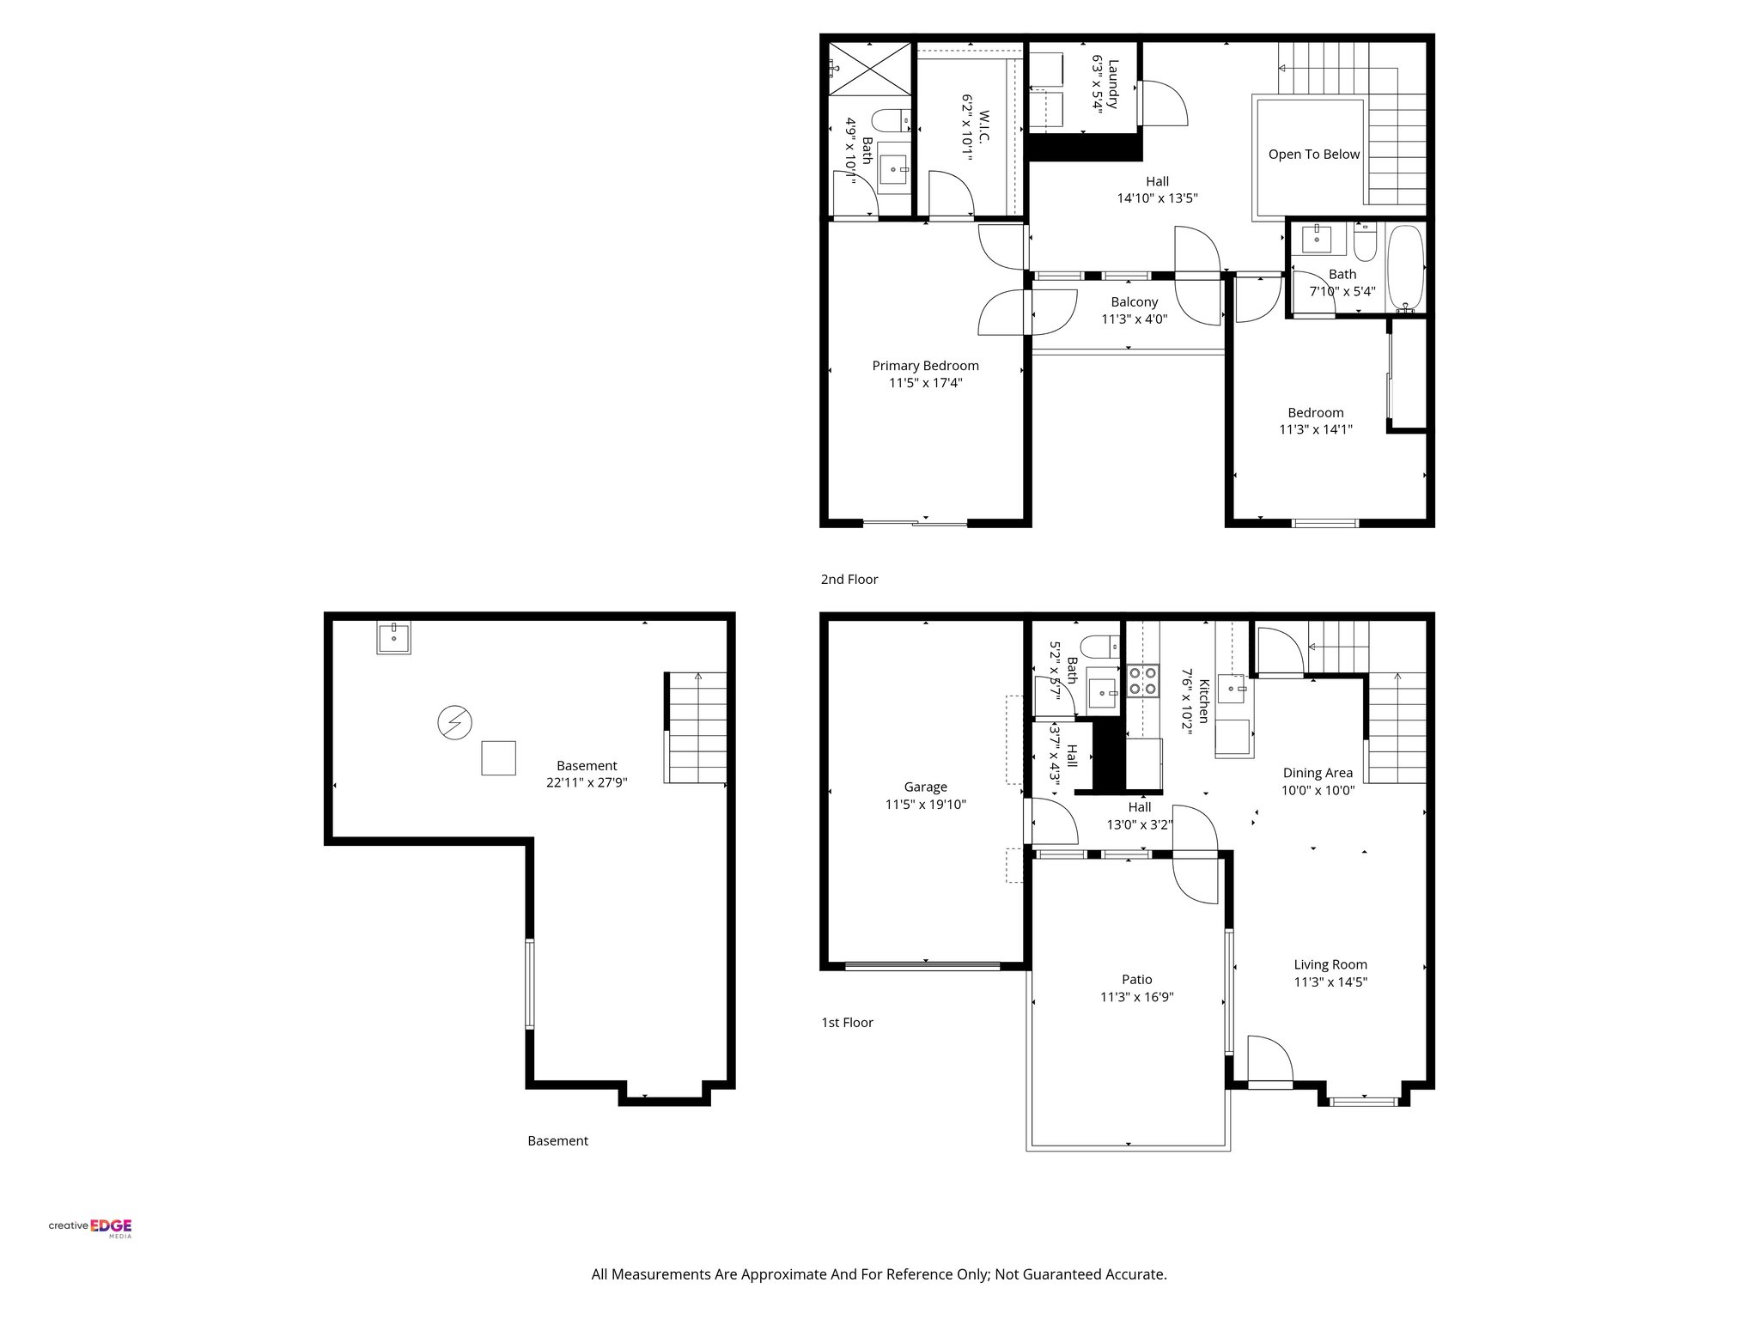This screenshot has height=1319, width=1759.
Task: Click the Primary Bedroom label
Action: point(925,366)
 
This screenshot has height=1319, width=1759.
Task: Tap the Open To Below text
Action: point(1313,155)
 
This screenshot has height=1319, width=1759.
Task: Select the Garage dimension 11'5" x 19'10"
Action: point(925,805)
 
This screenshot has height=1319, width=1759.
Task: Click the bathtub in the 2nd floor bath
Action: point(1406,268)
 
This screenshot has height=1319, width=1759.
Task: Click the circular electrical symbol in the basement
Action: point(454,722)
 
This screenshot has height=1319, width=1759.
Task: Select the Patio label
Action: point(1136,979)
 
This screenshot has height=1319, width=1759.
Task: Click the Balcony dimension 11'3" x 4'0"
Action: point(1134,319)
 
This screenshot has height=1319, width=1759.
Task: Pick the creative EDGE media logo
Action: point(90,1227)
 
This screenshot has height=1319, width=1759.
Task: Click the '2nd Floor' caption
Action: point(849,580)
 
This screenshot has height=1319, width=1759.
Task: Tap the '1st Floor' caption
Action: point(847,1023)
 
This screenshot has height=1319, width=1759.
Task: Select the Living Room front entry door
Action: point(1269,1065)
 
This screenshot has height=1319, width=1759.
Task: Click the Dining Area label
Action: point(1317,773)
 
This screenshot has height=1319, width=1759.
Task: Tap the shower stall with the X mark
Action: point(868,68)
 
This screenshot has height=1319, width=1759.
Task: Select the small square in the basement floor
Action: point(498,757)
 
